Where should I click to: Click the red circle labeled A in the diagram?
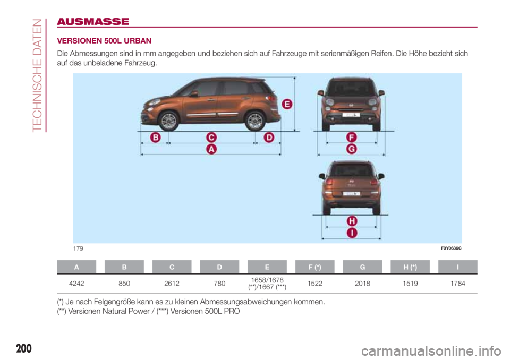tap(211, 150)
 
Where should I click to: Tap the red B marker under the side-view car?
tap(155, 138)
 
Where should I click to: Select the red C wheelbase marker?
tap(211, 138)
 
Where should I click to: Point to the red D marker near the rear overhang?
tap(269, 138)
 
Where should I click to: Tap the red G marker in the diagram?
tap(351, 150)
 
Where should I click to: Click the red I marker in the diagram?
tap(352, 233)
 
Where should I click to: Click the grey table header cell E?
tap(267, 267)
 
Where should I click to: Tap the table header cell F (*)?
tap(314, 267)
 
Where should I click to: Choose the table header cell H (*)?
tap(410, 267)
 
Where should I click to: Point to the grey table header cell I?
tap(458, 267)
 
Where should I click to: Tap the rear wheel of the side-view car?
tap(256, 121)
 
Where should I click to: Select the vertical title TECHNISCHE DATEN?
tap(36, 74)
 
